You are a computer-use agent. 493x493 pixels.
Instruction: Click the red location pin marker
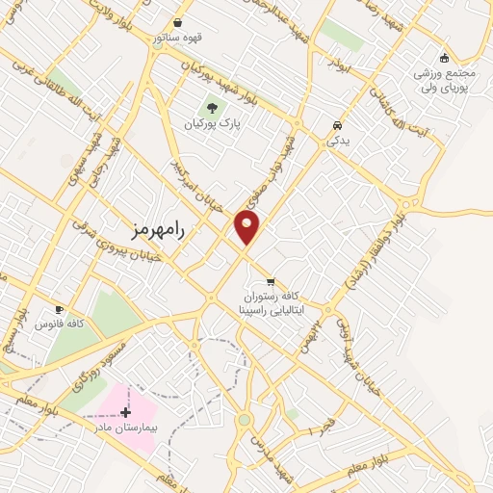tap(247, 227)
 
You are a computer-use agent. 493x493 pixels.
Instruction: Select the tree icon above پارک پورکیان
tap(212, 107)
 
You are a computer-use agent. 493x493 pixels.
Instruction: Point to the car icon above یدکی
tap(336, 125)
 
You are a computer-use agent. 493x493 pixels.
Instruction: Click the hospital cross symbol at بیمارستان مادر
tap(125, 411)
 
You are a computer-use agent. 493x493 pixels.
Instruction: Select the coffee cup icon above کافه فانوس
tap(60, 310)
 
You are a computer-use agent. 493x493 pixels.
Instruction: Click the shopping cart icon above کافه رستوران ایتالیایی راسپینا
tap(271, 281)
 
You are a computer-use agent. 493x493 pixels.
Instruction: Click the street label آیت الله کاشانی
tap(381, 107)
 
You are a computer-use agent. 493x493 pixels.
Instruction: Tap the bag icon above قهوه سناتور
tap(177, 23)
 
